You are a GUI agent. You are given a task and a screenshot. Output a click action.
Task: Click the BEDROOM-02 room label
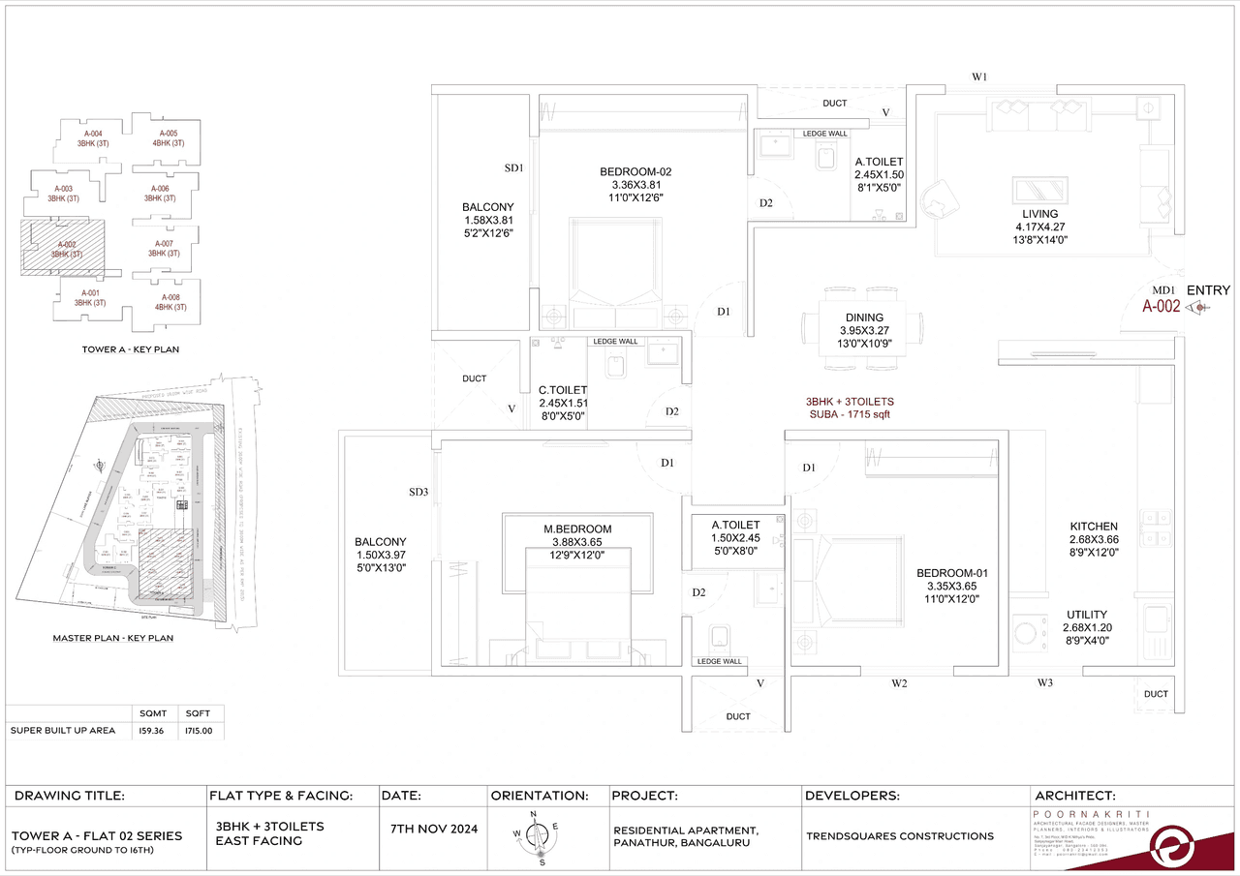pos(635,172)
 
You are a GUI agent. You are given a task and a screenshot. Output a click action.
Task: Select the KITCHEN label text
pos(1094,527)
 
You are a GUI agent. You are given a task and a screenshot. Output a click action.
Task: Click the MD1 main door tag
pos(1163,290)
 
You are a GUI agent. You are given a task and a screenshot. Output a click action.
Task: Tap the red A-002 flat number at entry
pos(1161,307)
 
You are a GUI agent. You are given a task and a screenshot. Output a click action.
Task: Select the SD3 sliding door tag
pos(418,493)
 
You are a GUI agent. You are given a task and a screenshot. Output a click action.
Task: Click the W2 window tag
pos(899,684)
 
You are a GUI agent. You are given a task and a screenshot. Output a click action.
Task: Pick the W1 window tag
pos(979,77)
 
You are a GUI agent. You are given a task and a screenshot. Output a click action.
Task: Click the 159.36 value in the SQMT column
pos(153,731)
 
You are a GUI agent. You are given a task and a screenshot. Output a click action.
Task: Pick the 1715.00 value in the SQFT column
pos(200,731)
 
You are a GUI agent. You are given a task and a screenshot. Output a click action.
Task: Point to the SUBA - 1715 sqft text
pos(849,414)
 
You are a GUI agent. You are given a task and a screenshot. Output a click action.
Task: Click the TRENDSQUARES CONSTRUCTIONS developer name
pos(899,835)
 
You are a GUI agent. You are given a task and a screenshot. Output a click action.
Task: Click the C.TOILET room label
pos(564,390)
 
